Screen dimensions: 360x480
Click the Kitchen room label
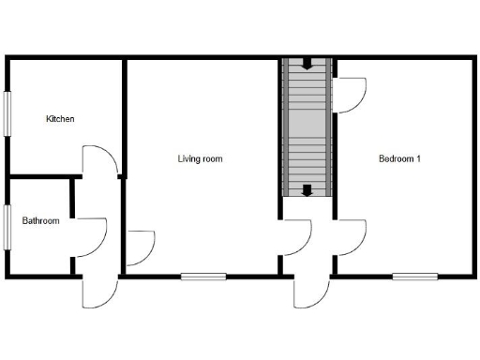click(x=61, y=119)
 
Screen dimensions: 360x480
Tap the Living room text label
click(x=200, y=158)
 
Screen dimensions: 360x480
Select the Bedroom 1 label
click(x=399, y=158)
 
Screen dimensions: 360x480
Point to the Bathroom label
click(x=41, y=221)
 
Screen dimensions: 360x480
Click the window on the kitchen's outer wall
click(x=7, y=114)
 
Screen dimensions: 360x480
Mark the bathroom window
click(x=7, y=227)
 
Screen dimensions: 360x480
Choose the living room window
click(x=203, y=277)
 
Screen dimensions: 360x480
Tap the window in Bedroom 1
click(x=414, y=277)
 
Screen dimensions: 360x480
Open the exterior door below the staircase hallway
click(x=309, y=292)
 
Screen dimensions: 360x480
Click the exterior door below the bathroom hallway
click(x=97, y=292)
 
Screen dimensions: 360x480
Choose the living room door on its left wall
click(x=140, y=247)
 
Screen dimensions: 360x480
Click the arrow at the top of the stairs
click(x=307, y=65)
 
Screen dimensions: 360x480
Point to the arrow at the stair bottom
click(x=307, y=190)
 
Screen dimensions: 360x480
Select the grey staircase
click(x=307, y=127)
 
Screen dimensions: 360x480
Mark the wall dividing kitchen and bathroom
click(x=41, y=176)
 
